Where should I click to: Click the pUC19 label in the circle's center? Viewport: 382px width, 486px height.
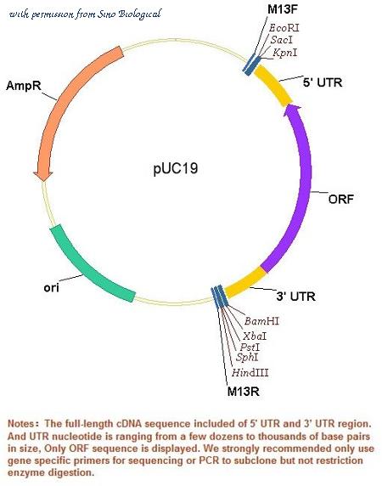(176, 169)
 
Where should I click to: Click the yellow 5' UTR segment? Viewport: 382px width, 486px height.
(273, 85)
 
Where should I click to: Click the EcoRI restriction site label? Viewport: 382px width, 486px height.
(284, 28)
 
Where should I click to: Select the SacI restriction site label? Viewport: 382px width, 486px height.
(281, 40)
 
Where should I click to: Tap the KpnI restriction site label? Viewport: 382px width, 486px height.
(284, 52)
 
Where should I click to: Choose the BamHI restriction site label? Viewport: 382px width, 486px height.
(261, 321)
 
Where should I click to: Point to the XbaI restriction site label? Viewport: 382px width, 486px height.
(255, 336)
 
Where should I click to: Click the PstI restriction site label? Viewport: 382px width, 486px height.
(250, 347)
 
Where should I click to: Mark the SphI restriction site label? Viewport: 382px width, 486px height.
(247, 357)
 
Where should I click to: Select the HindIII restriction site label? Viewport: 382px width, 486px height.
(250, 372)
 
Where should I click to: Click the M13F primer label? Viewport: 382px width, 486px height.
(283, 9)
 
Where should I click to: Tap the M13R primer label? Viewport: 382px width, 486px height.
(244, 391)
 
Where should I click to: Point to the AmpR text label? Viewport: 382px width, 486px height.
(24, 86)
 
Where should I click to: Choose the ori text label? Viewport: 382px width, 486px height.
(51, 288)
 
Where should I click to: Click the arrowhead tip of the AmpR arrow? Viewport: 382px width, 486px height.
(43, 181)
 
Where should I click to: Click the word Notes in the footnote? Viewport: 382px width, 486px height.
(20, 423)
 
